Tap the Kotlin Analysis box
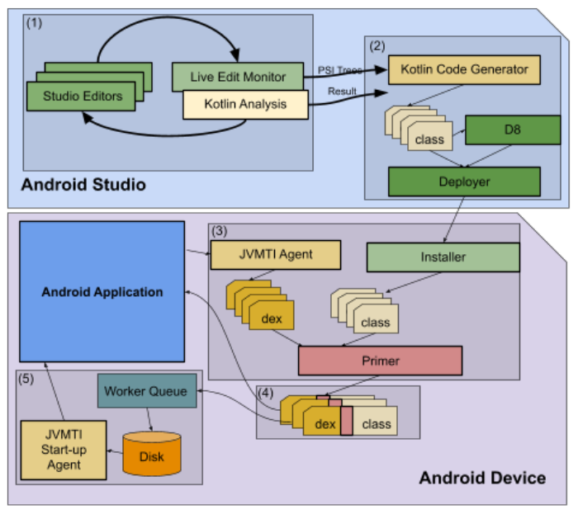point(244,105)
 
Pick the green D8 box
point(513,130)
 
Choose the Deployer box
point(463,181)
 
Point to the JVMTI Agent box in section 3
point(275,255)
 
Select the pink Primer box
point(379,361)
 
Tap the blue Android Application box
point(103,291)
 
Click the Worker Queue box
point(147,391)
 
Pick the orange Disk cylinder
point(151,454)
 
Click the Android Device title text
point(481,478)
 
